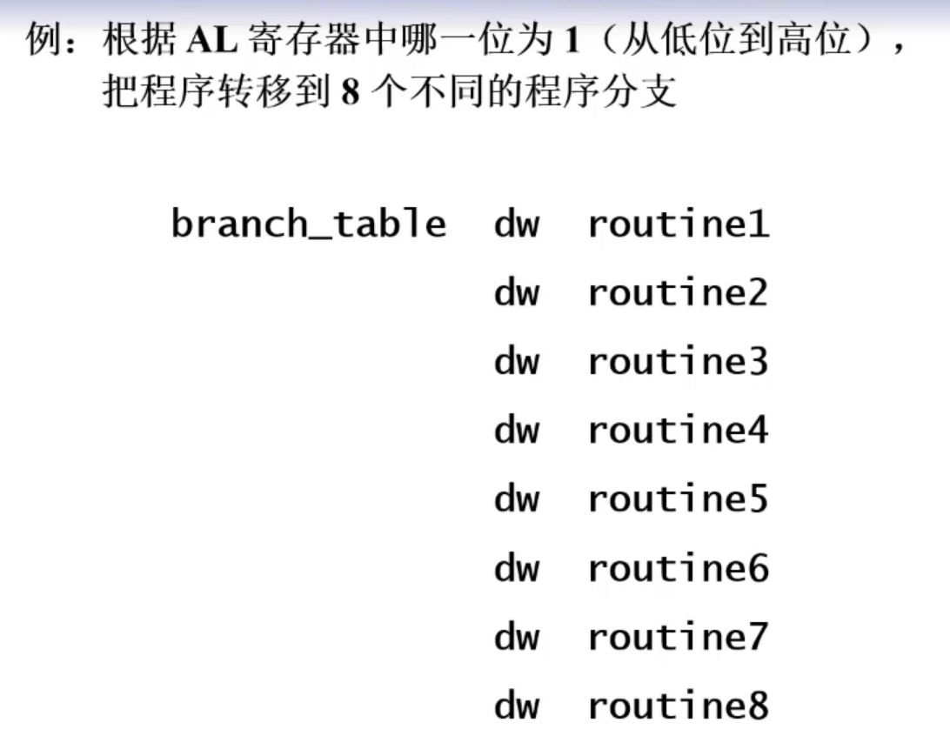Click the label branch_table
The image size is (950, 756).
(x=308, y=224)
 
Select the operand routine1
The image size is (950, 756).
(x=678, y=224)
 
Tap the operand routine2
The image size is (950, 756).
(x=678, y=293)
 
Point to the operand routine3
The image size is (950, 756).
(x=678, y=362)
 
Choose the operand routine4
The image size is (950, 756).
(x=678, y=431)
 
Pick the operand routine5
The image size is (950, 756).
(x=678, y=499)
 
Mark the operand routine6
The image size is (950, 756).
(x=678, y=568)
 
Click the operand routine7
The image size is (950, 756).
(x=678, y=637)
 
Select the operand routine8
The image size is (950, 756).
(x=678, y=706)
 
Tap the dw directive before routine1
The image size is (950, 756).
(x=517, y=224)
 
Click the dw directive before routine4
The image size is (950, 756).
(x=517, y=431)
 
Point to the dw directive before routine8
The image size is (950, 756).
(x=517, y=706)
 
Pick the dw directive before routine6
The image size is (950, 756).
(x=517, y=568)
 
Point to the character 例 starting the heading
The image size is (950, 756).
(x=43, y=40)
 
